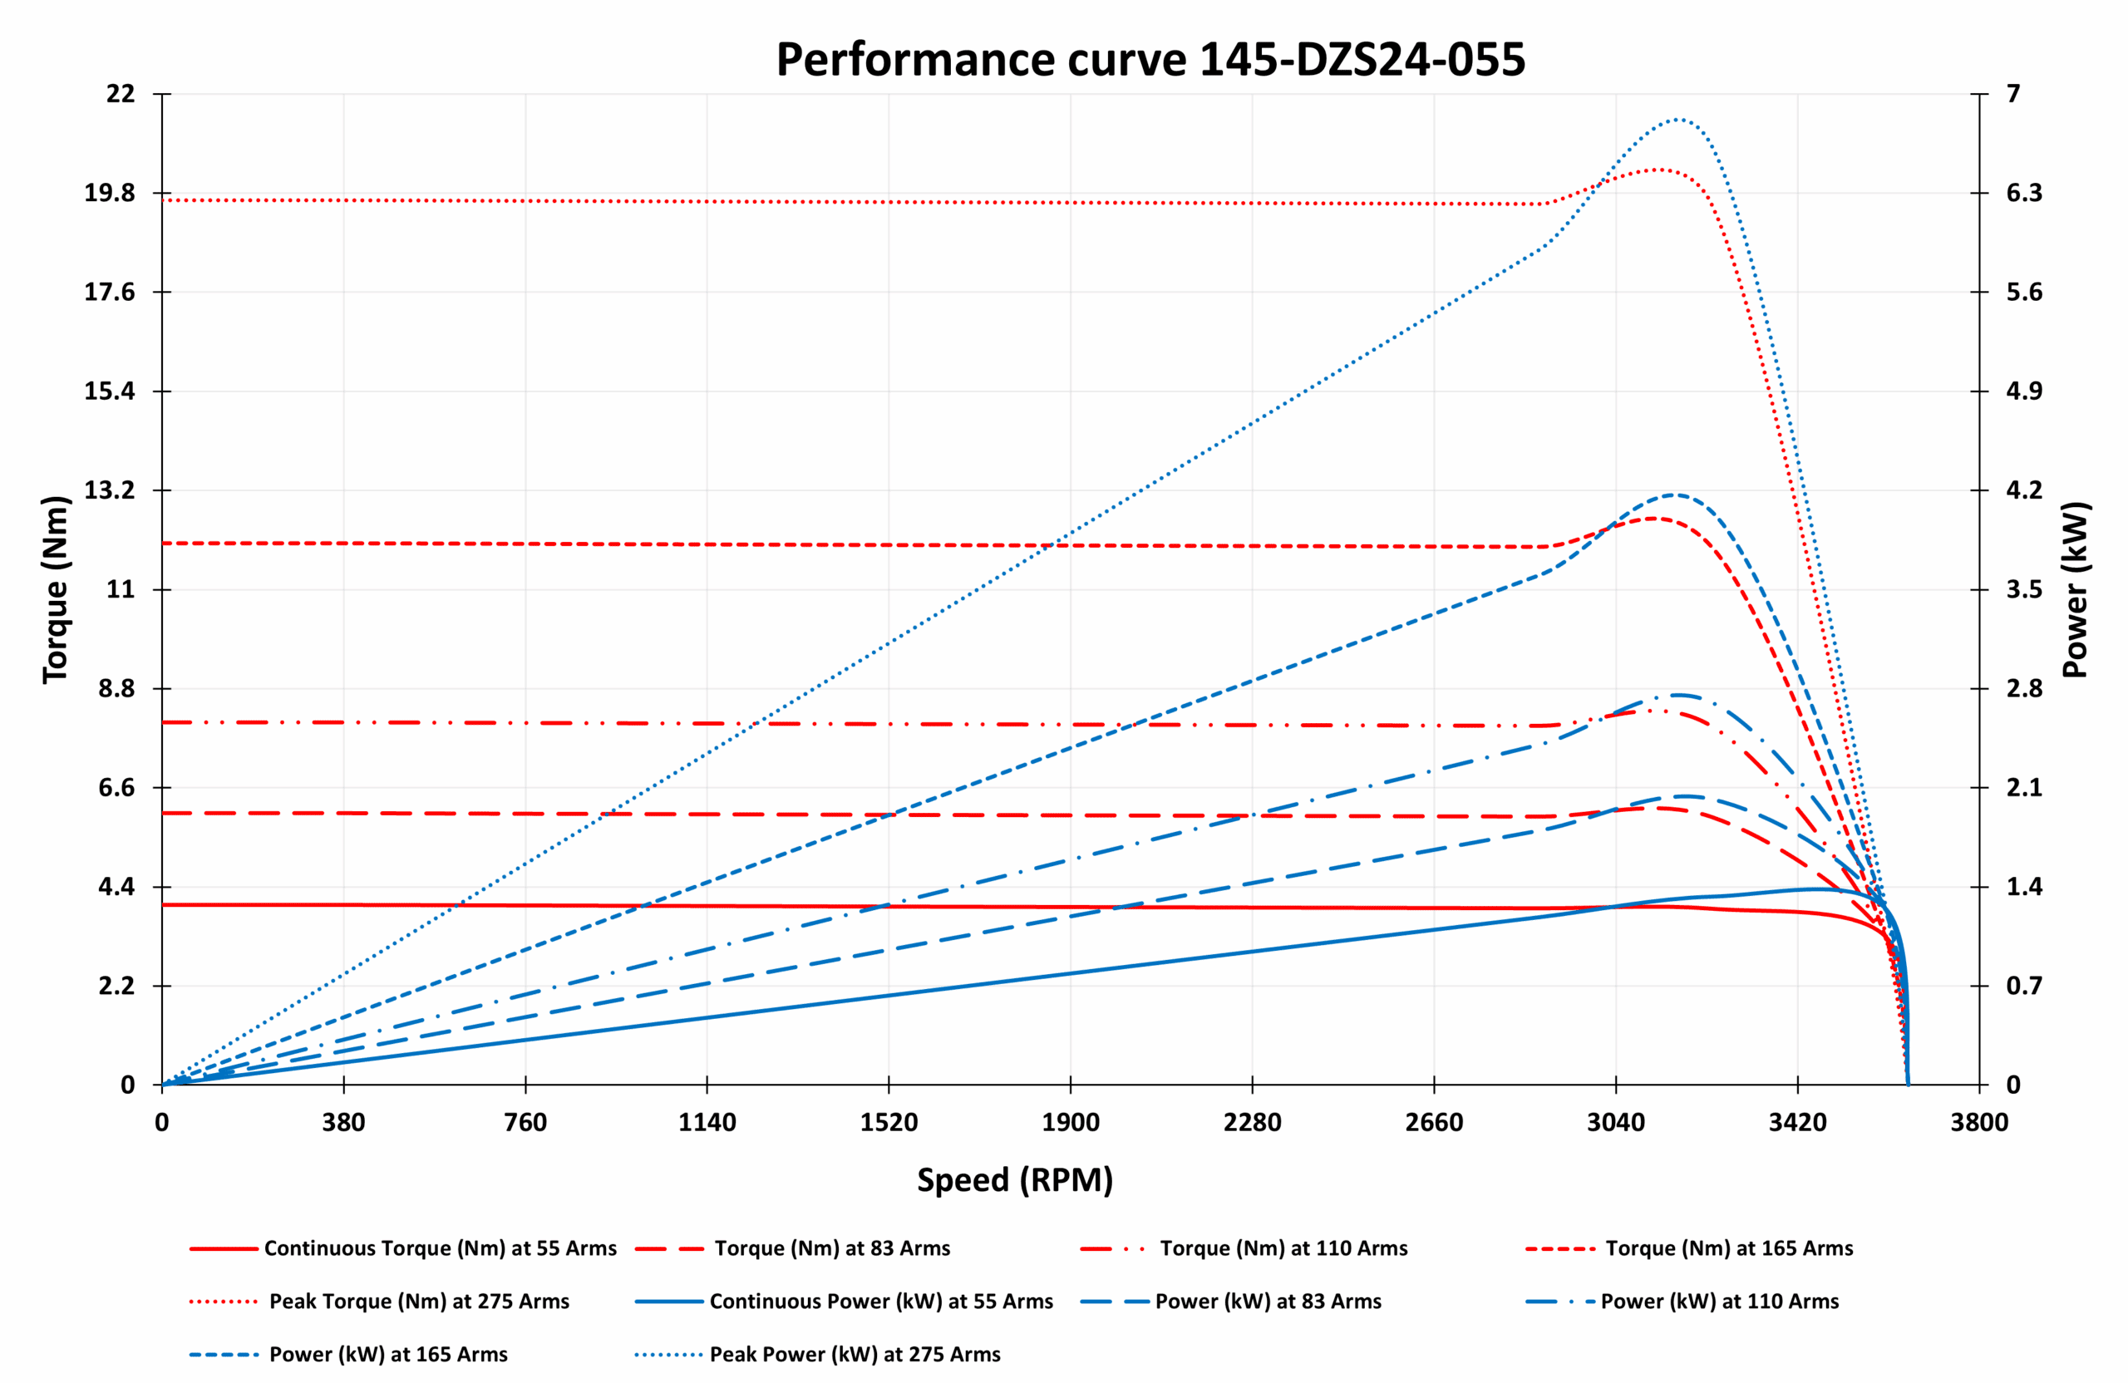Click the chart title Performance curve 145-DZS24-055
pyautogui.click(x=1150, y=61)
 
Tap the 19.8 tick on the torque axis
pyautogui.click(x=109, y=193)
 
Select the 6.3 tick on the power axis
pyautogui.click(x=2023, y=193)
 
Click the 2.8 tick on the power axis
pyautogui.click(x=2023, y=688)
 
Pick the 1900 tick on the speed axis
pyautogui.click(x=1071, y=1123)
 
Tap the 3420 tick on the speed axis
pyautogui.click(x=1797, y=1123)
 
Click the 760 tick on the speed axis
pyautogui.click(x=525, y=1123)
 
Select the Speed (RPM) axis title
pyautogui.click(x=1015, y=1180)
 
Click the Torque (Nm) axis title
pyautogui.click(x=56, y=590)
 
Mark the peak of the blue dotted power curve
pyautogui.click(x=1677, y=119)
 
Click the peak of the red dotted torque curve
pyautogui.click(x=1658, y=169)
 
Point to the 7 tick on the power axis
pyautogui.click(x=2013, y=94)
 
